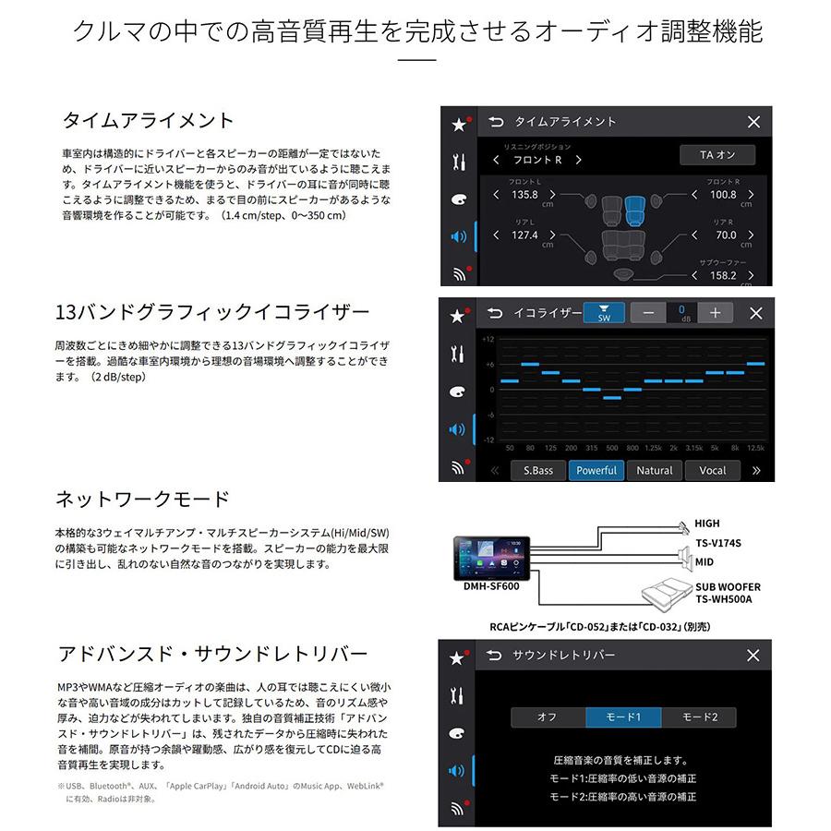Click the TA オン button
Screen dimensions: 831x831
tap(717, 155)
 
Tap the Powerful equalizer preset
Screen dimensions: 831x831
tap(596, 470)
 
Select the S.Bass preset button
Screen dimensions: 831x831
tap(538, 470)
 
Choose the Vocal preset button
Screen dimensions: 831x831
tap(712, 470)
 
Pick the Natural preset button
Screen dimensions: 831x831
tap(655, 470)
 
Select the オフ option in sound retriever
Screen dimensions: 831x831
tap(548, 717)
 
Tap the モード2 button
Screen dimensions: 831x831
tap(699, 717)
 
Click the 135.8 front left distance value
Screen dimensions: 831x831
tap(524, 195)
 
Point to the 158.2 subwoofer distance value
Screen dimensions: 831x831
tap(723, 275)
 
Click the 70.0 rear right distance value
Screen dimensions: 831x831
tap(727, 235)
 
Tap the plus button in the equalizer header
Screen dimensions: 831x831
tap(715, 313)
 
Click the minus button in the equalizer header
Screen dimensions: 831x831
tap(648, 313)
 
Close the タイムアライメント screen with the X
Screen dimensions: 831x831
tap(753, 122)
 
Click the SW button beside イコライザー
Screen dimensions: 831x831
tap(604, 313)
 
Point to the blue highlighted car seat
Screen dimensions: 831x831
tap(632, 210)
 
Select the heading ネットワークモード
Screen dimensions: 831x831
tap(142, 500)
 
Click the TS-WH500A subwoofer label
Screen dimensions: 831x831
tap(724, 599)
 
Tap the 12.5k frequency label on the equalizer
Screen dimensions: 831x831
tap(755, 448)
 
